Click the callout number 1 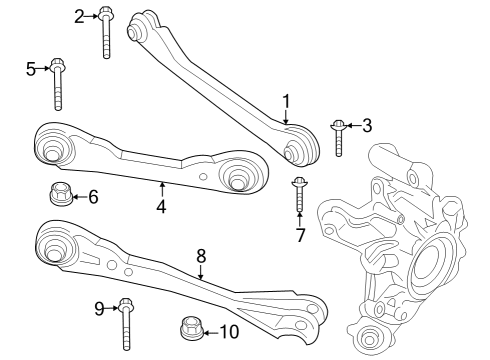point(286,101)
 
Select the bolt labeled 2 point(105,32)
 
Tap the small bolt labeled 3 point(338,138)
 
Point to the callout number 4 point(161,207)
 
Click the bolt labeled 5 point(57,84)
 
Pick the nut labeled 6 point(61,193)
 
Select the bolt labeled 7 point(299,195)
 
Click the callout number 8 point(201,256)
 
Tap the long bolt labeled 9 point(126,324)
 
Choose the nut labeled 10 point(192,329)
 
